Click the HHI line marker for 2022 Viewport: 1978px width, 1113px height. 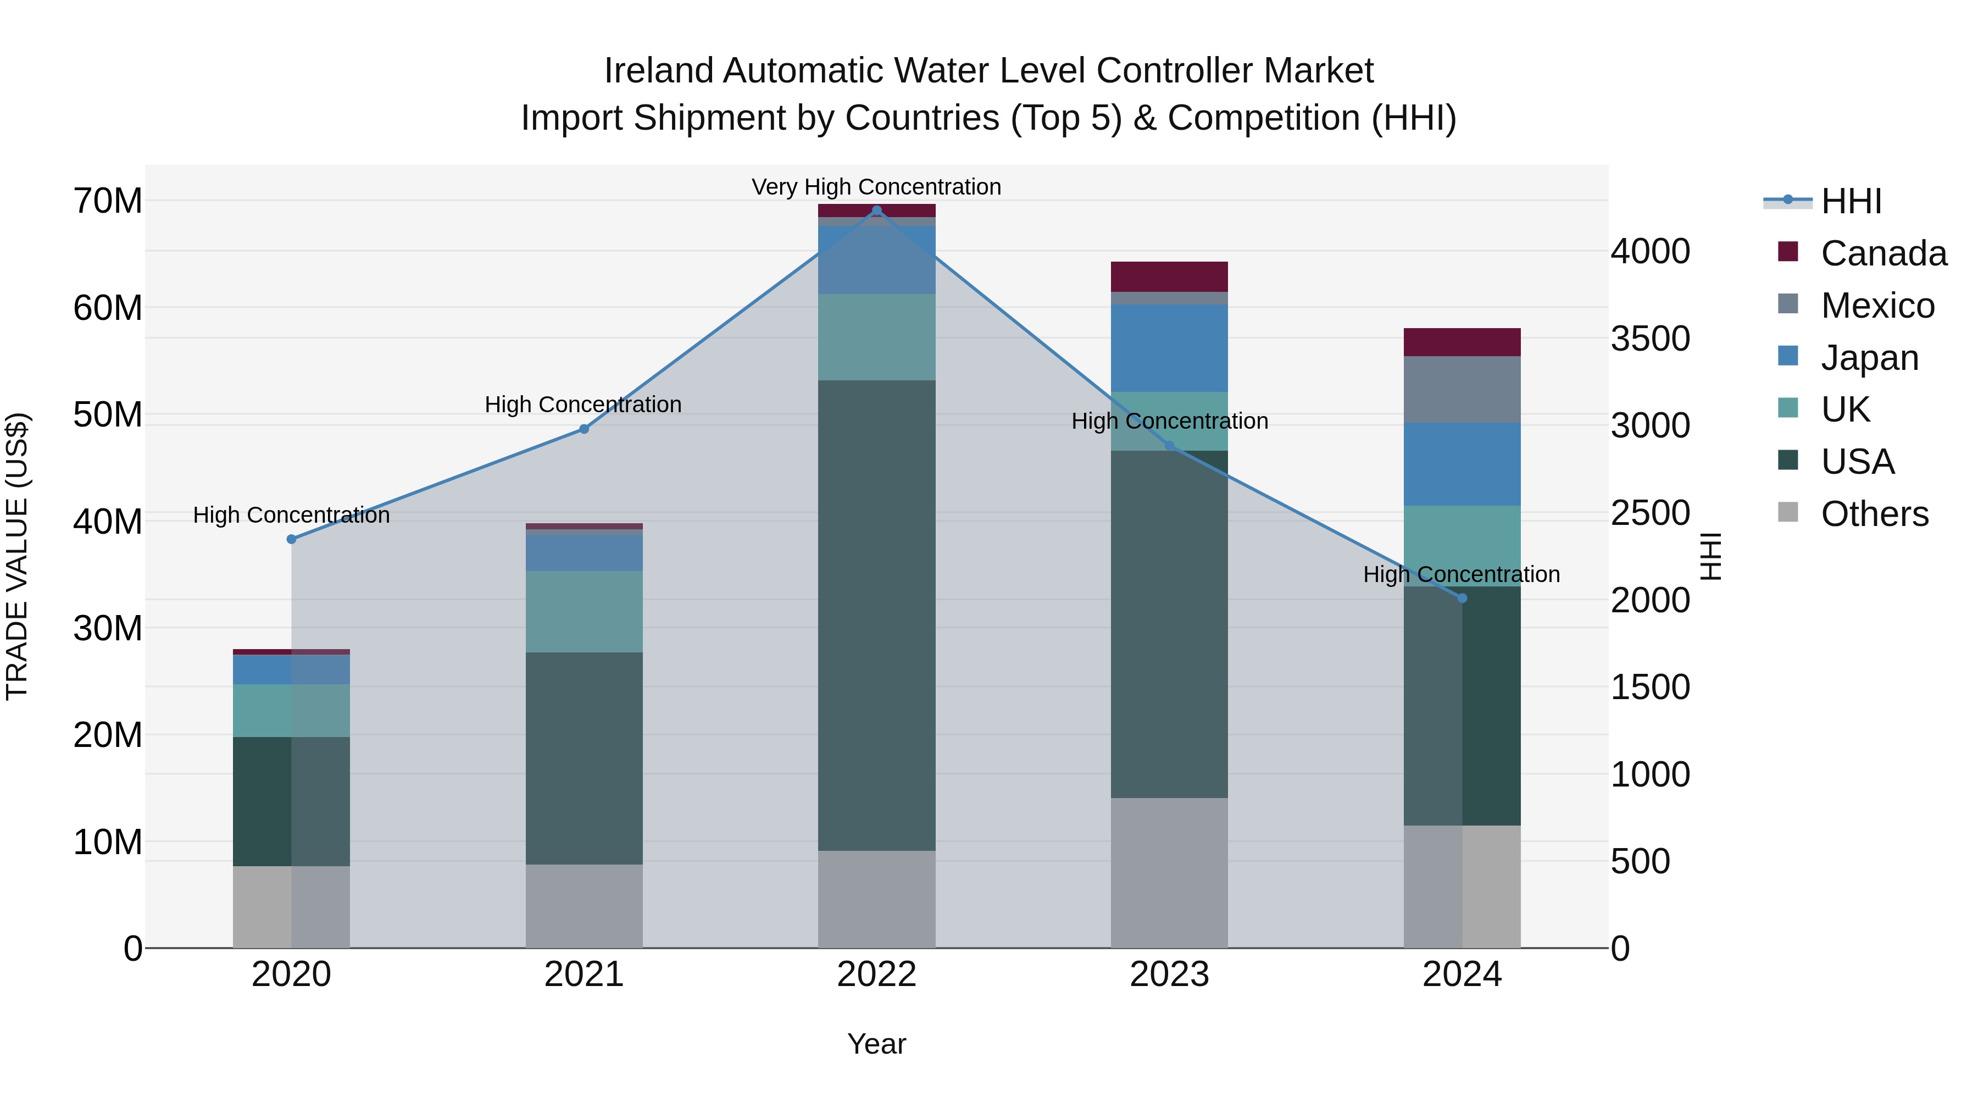[877, 211]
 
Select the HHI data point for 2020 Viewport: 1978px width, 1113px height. [291, 539]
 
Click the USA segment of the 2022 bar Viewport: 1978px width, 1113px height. [877, 614]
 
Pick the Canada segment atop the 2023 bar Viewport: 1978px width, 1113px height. [1169, 276]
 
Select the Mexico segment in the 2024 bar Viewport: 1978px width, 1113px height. [1462, 390]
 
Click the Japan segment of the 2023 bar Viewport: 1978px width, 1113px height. [1169, 348]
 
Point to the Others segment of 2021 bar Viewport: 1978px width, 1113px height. [584, 906]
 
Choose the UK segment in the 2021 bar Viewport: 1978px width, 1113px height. [584, 611]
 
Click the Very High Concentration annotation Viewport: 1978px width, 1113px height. [876, 187]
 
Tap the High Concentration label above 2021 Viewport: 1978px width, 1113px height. [583, 405]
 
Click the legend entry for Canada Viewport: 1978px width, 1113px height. [1883, 253]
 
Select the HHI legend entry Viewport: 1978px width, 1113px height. [1851, 201]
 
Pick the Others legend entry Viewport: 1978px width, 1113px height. [1874, 514]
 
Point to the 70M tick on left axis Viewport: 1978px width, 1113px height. [108, 201]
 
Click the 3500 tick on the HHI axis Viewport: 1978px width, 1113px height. [1650, 339]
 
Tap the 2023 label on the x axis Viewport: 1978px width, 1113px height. [1169, 974]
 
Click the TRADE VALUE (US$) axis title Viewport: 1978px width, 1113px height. [18, 556]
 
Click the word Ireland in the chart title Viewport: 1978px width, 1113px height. [658, 71]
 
